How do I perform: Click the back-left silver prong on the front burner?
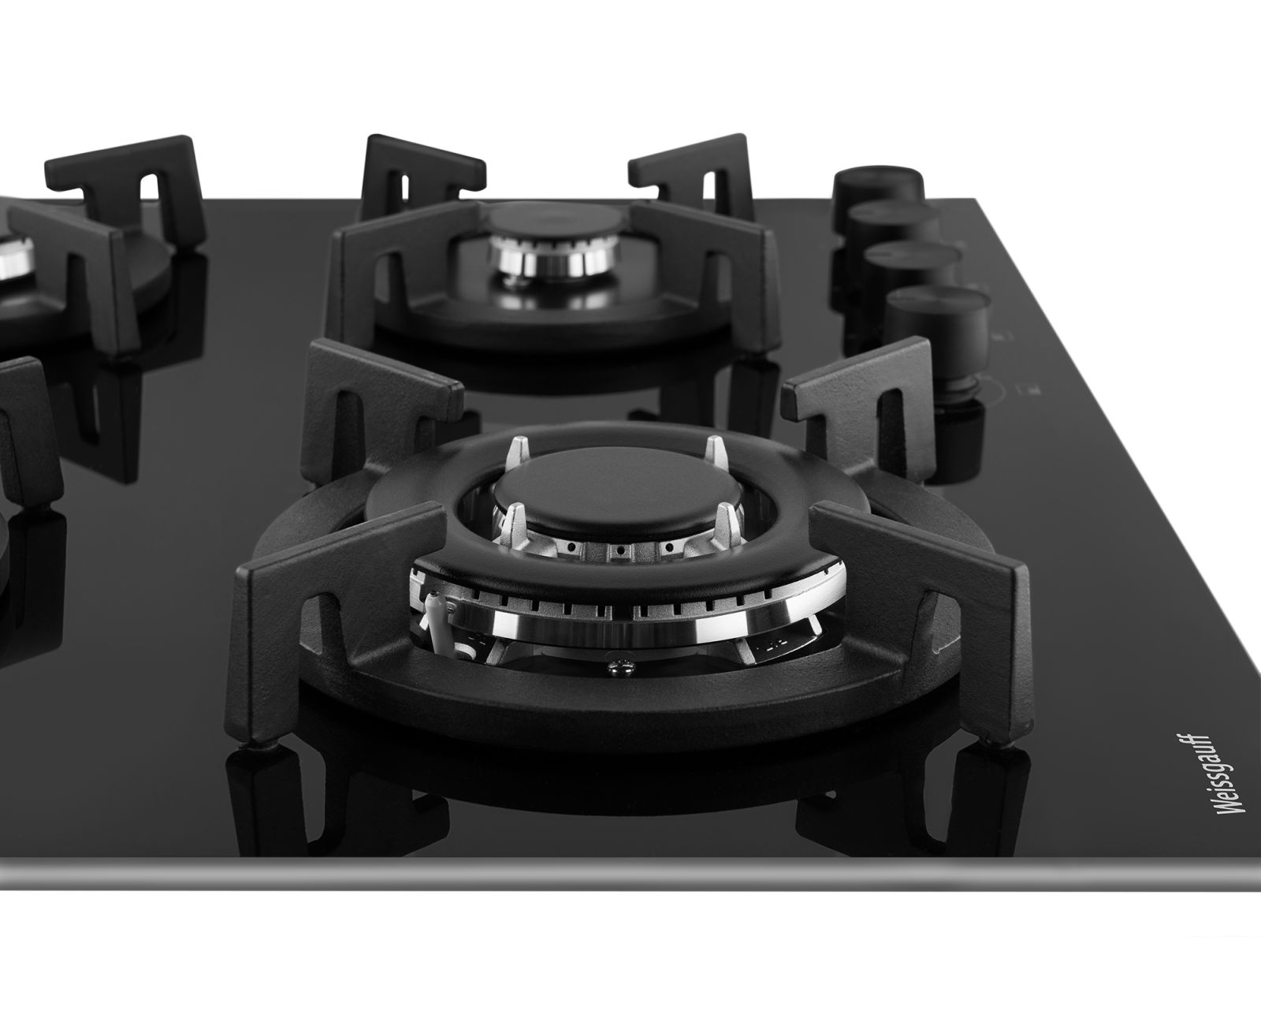tap(519, 451)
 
